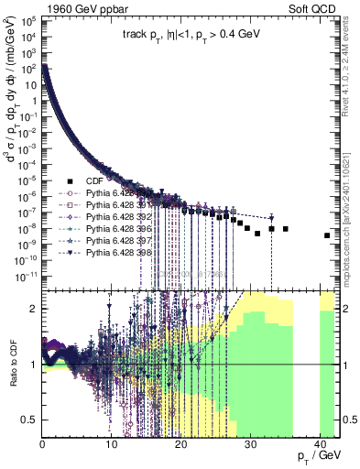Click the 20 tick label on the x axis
click(180, 445)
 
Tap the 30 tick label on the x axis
click(250, 445)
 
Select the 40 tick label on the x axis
click(320, 445)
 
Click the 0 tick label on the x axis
click(43, 445)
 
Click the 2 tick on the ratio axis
click(35, 309)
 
